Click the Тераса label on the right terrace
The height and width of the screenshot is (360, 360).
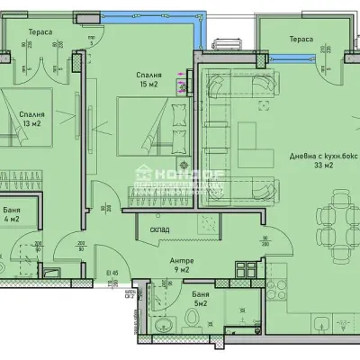click(301, 39)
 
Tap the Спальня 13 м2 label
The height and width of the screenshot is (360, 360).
click(33, 121)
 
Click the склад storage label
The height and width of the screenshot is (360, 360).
click(160, 228)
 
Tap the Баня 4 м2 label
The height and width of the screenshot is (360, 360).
click(13, 215)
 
